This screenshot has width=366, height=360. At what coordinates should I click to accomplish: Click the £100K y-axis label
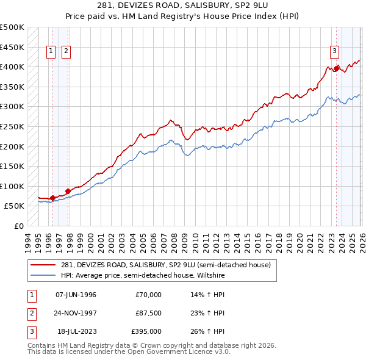12,186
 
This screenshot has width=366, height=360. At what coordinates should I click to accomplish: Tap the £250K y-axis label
12,126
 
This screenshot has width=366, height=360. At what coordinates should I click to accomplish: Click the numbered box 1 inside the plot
51,51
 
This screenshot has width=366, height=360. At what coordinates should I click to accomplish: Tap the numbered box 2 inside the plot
66,51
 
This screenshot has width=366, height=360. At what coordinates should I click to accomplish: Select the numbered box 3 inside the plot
335,51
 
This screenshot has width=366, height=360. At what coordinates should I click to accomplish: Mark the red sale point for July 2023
335,68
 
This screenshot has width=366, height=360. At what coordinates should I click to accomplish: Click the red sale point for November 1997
68,191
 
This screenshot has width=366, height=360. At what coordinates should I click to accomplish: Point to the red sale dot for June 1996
53,198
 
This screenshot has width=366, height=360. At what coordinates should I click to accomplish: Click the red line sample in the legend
44,264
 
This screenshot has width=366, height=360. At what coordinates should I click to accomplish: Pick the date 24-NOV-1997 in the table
76,313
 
